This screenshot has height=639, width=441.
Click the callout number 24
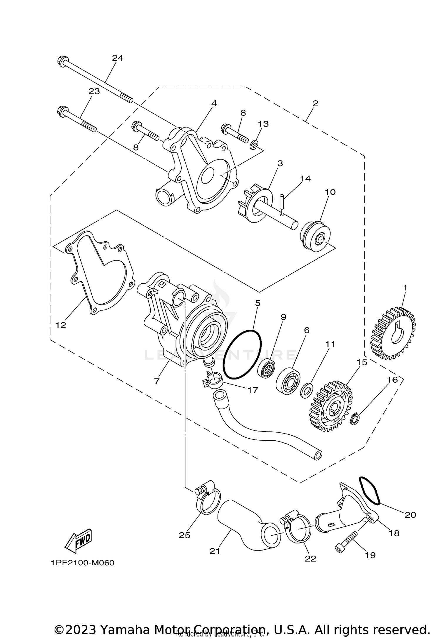point(117,58)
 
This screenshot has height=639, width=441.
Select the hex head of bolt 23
point(62,111)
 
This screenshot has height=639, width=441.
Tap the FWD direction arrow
point(78,541)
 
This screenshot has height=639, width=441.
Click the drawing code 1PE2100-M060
point(82,563)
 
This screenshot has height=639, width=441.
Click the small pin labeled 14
point(281,202)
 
